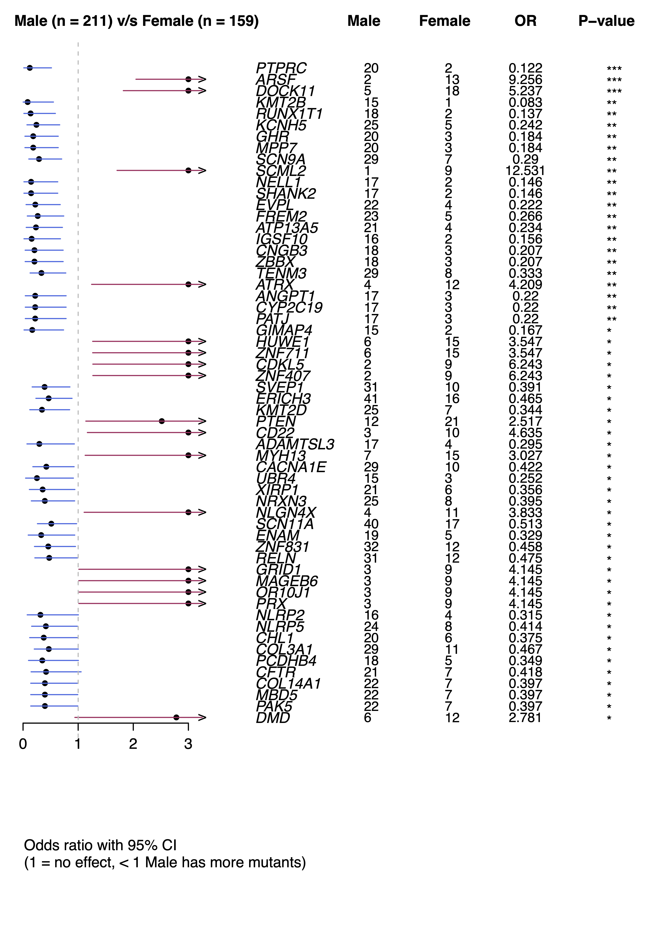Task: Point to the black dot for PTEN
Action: coord(162,421)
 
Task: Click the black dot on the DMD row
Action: coord(176,718)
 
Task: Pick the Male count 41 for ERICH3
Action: coord(371,399)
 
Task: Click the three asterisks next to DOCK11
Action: coord(614,91)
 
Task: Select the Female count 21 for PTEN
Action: coord(452,421)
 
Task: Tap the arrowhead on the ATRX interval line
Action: coord(202,284)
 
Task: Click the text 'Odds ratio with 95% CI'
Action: coord(100,846)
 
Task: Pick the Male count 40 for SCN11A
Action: coord(371,524)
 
